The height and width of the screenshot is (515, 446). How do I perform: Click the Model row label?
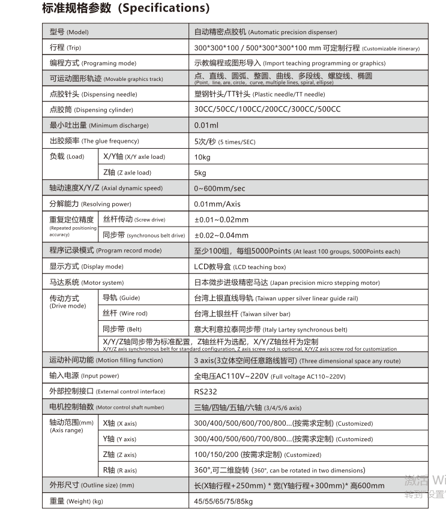(x=68, y=32)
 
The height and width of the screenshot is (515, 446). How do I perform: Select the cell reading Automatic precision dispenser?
(x=265, y=32)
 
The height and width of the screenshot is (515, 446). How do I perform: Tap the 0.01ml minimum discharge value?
(x=206, y=125)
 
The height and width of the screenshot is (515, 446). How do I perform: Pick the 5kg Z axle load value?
(x=200, y=173)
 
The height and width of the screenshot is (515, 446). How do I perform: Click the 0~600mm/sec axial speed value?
(x=220, y=188)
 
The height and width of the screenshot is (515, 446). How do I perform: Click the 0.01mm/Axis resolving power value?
(x=217, y=204)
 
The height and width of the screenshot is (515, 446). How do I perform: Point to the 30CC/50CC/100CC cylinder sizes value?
(x=267, y=110)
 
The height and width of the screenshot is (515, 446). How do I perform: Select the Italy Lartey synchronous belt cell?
(x=270, y=329)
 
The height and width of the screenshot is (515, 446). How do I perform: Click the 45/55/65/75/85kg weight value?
(x=223, y=501)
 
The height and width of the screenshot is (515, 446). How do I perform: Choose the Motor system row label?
(x=86, y=282)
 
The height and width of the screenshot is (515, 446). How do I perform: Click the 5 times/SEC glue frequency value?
(x=225, y=141)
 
